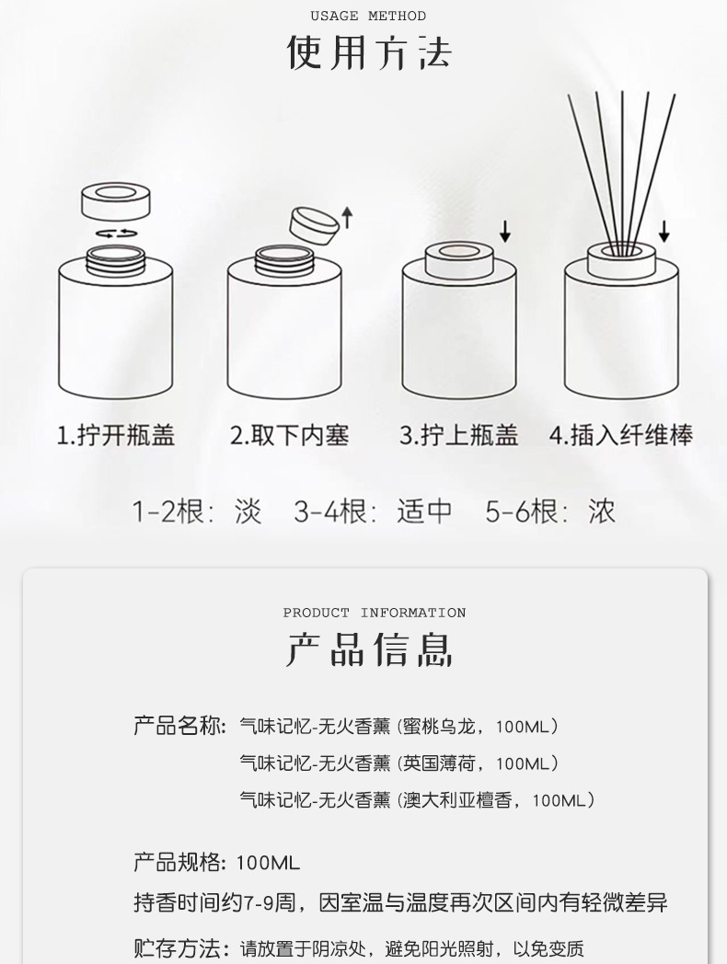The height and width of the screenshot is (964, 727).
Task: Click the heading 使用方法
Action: (x=368, y=52)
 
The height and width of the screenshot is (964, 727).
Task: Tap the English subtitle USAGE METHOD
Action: (x=368, y=16)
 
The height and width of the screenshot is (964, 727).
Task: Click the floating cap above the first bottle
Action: (x=116, y=200)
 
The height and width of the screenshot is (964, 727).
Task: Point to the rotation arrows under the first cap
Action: (x=116, y=234)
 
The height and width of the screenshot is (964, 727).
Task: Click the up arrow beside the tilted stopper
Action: (x=347, y=217)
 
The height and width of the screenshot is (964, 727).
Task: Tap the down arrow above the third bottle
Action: (x=504, y=231)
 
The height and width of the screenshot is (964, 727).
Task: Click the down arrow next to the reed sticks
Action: (x=664, y=230)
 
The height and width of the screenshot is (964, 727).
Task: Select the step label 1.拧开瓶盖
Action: (x=116, y=435)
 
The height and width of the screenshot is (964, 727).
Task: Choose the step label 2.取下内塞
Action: (x=289, y=435)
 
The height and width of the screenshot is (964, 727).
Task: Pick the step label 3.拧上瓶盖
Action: (x=459, y=435)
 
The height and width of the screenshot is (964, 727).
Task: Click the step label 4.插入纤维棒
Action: (x=621, y=435)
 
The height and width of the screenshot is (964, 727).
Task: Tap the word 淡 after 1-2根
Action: (x=248, y=511)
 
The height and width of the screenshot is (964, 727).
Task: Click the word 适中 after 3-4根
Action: (x=424, y=511)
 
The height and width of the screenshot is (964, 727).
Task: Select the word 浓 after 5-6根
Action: (x=602, y=511)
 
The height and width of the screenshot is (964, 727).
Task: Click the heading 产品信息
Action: (x=368, y=649)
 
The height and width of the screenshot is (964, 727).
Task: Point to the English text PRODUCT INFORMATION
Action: (x=375, y=613)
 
